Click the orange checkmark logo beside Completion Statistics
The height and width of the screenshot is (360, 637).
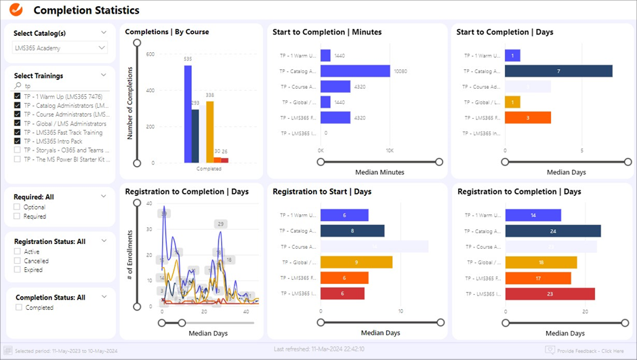coord(16,10)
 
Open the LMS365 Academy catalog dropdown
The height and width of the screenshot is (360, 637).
coord(60,48)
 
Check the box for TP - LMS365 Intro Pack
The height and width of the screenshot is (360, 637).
coord(17,141)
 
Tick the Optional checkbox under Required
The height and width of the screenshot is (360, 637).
coord(17,207)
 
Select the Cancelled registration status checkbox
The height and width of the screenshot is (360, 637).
coord(17,261)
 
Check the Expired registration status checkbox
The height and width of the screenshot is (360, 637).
coord(17,270)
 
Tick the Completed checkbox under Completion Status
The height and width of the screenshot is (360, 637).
coord(18,308)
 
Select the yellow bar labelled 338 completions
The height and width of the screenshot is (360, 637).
coord(210,132)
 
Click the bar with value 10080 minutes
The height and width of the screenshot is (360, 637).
coord(355,71)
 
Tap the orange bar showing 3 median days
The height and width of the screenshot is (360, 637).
coord(528,118)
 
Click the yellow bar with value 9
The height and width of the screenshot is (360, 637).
coord(356,262)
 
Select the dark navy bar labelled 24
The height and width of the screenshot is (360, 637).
coord(553,231)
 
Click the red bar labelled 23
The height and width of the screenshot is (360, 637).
coord(550,294)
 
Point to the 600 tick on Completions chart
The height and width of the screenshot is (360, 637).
coord(150,54)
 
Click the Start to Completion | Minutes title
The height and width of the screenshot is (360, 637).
coord(327,32)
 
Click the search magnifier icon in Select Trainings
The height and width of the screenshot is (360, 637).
coord(18,87)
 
